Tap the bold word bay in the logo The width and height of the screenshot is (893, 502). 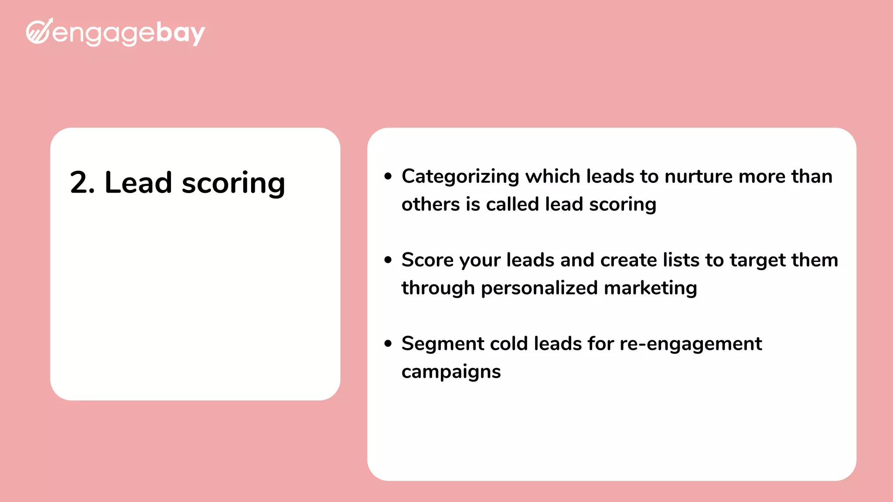(x=180, y=33)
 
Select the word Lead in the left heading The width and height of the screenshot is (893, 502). (x=138, y=183)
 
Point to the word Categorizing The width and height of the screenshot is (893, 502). (x=460, y=177)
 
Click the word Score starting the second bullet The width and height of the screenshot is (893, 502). (x=427, y=260)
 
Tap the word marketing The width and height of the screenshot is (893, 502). (x=651, y=288)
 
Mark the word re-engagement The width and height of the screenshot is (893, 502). (x=691, y=344)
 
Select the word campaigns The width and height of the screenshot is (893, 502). (x=451, y=372)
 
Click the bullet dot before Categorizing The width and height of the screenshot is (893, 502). (x=388, y=176)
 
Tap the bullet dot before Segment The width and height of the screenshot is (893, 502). (x=388, y=343)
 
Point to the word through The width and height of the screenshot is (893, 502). (x=438, y=288)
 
